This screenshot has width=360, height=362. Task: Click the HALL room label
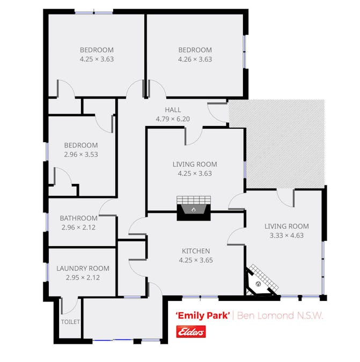pyautogui.click(x=173, y=109)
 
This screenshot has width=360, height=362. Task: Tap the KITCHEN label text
pyautogui.click(x=196, y=251)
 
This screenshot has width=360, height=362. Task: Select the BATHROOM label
pyautogui.click(x=78, y=218)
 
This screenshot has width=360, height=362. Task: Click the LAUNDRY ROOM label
pyautogui.click(x=83, y=268)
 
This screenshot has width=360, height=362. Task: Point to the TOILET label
pyautogui.click(x=70, y=322)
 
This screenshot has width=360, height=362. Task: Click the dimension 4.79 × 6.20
pyautogui.click(x=173, y=119)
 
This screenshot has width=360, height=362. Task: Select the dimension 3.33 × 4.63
pyautogui.click(x=286, y=235)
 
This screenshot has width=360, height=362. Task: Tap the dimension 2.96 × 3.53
pyautogui.click(x=81, y=154)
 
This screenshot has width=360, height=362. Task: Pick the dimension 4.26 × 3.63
pyautogui.click(x=195, y=60)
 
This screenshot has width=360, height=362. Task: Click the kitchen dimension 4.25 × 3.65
pyautogui.click(x=196, y=260)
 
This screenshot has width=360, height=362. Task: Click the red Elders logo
pyautogui.click(x=191, y=332)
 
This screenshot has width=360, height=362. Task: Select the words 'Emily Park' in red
pyautogui.click(x=203, y=315)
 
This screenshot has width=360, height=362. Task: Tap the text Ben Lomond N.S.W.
pyautogui.click(x=280, y=315)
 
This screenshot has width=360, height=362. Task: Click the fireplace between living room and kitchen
pyautogui.click(x=194, y=208)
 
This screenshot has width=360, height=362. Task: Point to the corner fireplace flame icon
pyautogui.click(x=259, y=284)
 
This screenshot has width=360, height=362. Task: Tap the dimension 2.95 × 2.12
pyautogui.click(x=83, y=277)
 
